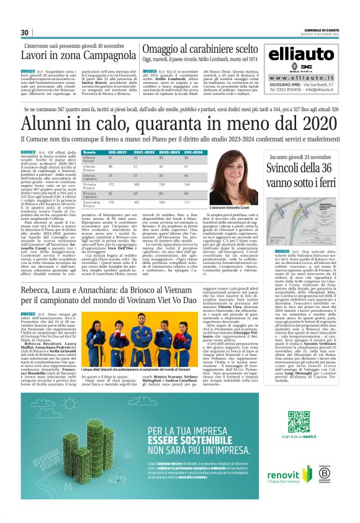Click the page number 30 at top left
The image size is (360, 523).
[25, 33]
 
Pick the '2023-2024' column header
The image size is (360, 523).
[193, 152]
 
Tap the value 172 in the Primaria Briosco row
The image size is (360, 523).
[112, 184]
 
